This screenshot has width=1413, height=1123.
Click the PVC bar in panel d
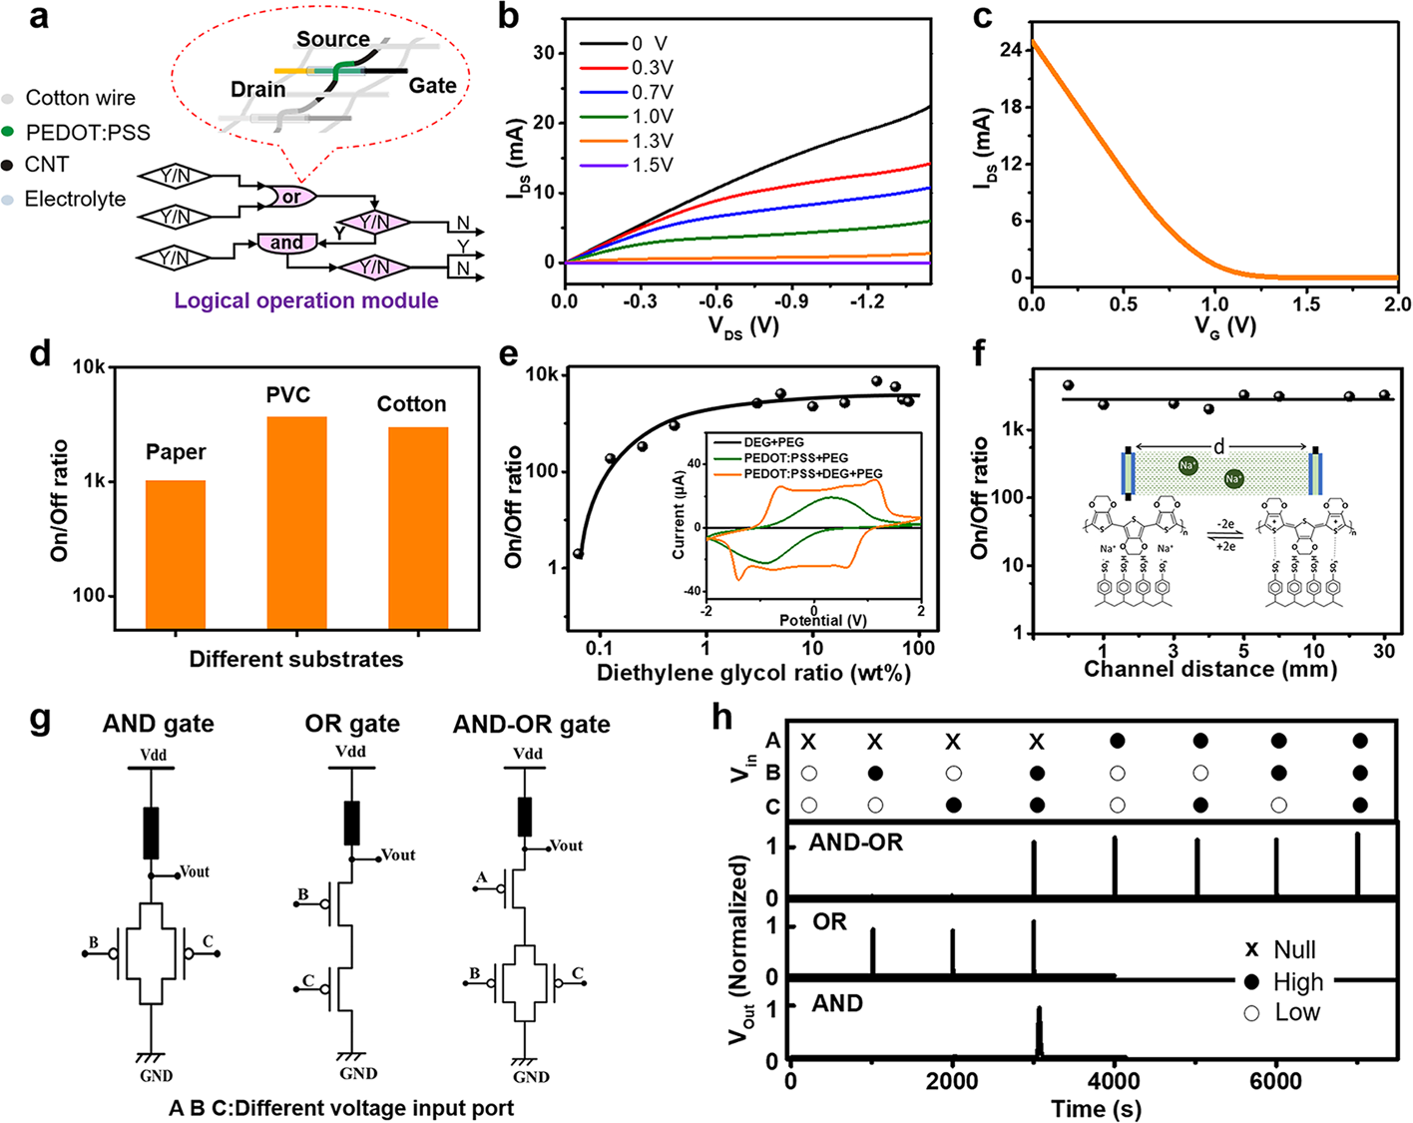[297, 521]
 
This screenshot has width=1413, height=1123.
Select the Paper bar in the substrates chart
[176, 554]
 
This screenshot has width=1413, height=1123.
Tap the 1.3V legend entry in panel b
[652, 141]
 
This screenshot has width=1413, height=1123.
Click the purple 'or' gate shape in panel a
[289, 197]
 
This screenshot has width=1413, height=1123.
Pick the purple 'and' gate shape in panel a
[286, 243]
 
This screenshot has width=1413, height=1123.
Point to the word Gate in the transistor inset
[432, 86]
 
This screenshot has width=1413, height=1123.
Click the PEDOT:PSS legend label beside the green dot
[88, 132]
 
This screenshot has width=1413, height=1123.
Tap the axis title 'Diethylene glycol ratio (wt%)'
[753, 673]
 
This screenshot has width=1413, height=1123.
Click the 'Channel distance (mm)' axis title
[1210, 669]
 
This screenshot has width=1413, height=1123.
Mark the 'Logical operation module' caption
[306, 300]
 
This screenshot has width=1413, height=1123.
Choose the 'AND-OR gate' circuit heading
[531, 724]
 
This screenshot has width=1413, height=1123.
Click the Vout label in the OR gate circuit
[398, 855]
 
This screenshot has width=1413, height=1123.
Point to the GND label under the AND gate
[156, 1075]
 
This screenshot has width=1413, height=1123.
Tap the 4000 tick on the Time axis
[1114, 1081]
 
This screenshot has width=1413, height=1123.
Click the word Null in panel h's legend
[1294, 949]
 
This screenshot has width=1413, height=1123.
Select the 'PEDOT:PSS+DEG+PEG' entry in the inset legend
[812, 473]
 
